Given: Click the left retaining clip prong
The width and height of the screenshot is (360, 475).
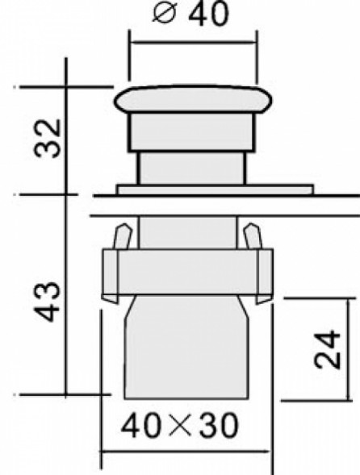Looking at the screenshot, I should [121, 238].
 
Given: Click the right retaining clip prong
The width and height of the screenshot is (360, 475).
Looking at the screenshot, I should [251, 238].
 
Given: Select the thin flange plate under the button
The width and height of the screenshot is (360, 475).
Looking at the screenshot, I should [214, 190].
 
